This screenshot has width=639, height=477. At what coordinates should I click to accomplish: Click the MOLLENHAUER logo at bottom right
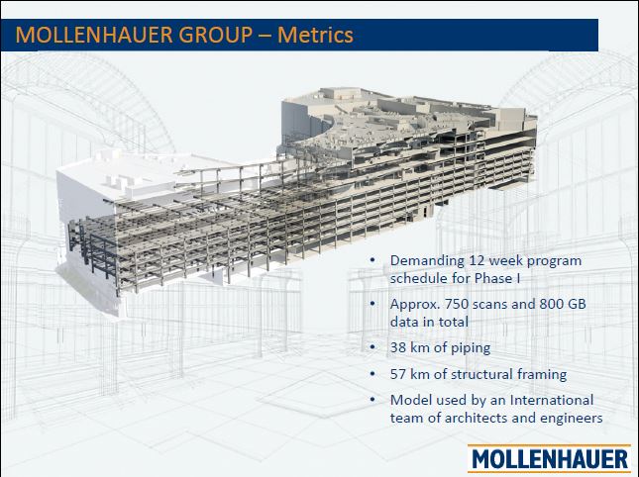(551, 458)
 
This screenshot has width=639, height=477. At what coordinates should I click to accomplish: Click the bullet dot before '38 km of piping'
(372, 348)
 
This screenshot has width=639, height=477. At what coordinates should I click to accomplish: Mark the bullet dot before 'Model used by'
(372, 401)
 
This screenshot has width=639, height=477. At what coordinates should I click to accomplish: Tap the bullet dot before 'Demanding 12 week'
(372, 261)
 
